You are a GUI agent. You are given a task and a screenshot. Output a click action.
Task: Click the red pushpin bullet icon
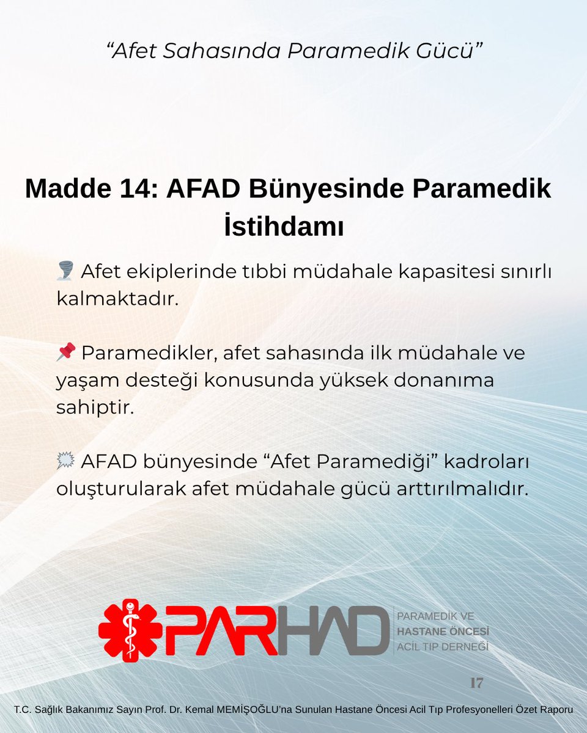(x=65, y=351)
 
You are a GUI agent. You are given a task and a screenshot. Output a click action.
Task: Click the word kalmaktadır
(x=117, y=299)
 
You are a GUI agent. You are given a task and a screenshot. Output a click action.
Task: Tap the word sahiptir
(x=95, y=408)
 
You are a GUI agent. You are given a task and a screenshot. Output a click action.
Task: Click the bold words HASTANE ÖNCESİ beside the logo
(x=443, y=632)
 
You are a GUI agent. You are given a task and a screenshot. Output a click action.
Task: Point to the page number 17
(x=477, y=683)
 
